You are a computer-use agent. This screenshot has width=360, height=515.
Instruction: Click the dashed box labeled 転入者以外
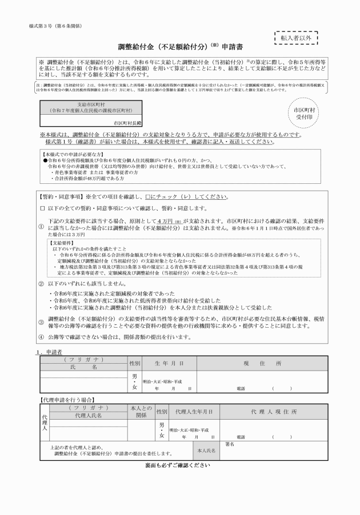[296, 38]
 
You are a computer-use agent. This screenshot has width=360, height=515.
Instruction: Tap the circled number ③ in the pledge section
[41, 321]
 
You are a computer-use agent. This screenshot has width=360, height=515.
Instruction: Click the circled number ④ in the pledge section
[41, 337]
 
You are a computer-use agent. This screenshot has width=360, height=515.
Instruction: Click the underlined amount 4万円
[166, 220]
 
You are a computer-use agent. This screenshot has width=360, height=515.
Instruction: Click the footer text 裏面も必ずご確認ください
[178, 465]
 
